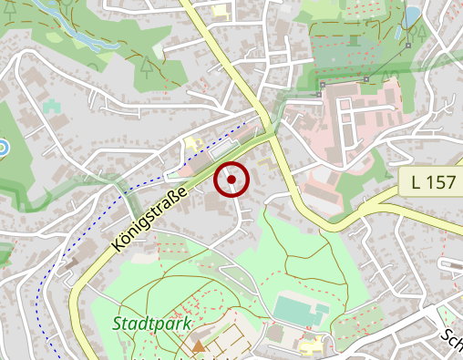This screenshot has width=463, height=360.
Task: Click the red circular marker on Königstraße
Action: click(x=231, y=180)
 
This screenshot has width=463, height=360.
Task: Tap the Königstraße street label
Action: click(x=151, y=218)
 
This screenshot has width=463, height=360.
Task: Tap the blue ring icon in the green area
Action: click(x=2, y=147)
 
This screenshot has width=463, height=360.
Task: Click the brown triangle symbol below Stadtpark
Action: click(x=199, y=345)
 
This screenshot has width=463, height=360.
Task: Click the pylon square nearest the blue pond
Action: click(x=409, y=45)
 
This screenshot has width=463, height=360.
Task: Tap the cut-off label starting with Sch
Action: click(x=451, y=343)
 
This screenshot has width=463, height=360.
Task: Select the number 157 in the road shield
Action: click(x=439, y=182)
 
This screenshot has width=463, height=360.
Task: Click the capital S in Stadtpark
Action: click(x=119, y=324)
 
